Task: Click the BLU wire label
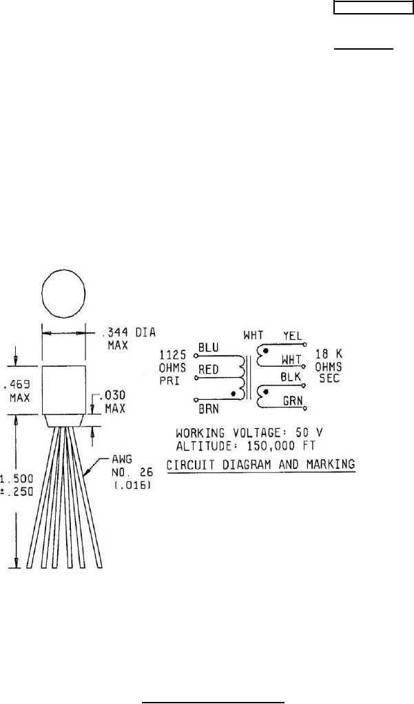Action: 208,348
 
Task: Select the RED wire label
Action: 209,370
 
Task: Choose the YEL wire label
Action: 293,335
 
